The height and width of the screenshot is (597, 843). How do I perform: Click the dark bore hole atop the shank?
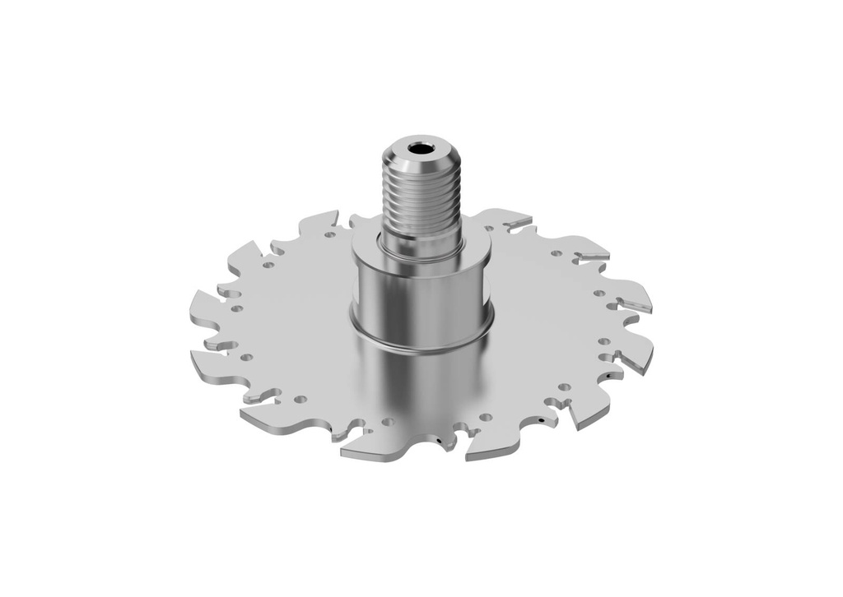coord(421,149)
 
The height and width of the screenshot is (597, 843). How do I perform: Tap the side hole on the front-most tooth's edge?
coord(444,445)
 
